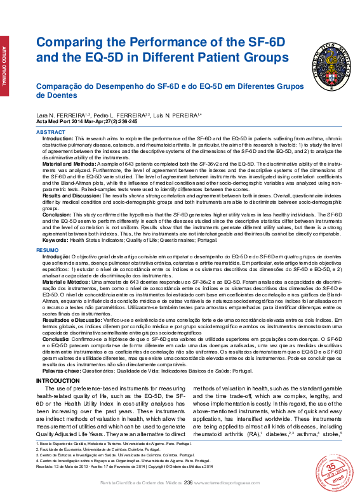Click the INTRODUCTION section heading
tap(54, 380)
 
